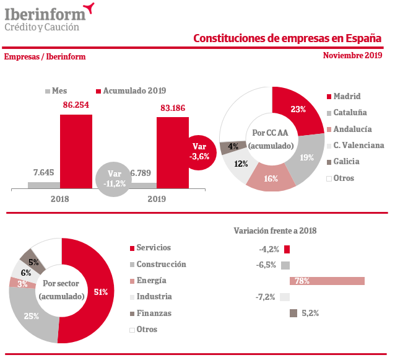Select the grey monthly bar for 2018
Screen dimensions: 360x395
[x=43, y=184]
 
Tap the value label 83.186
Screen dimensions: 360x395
[x=173, y=108]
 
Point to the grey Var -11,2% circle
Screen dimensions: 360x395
[x=113, y=178]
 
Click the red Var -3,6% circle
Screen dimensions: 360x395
[x=199, y=151]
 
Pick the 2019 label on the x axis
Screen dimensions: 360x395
[x=157, y=199]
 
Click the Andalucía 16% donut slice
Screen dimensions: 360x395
[x=270, y=178]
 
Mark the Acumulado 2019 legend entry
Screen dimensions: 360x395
[x=131, y=90]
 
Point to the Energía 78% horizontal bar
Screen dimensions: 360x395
[x=327, y=281]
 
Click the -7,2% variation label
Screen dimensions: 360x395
[x=265, y=297]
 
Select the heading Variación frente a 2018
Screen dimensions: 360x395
[x=275, y=230]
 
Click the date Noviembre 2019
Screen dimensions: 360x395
[x=352, y=55]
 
